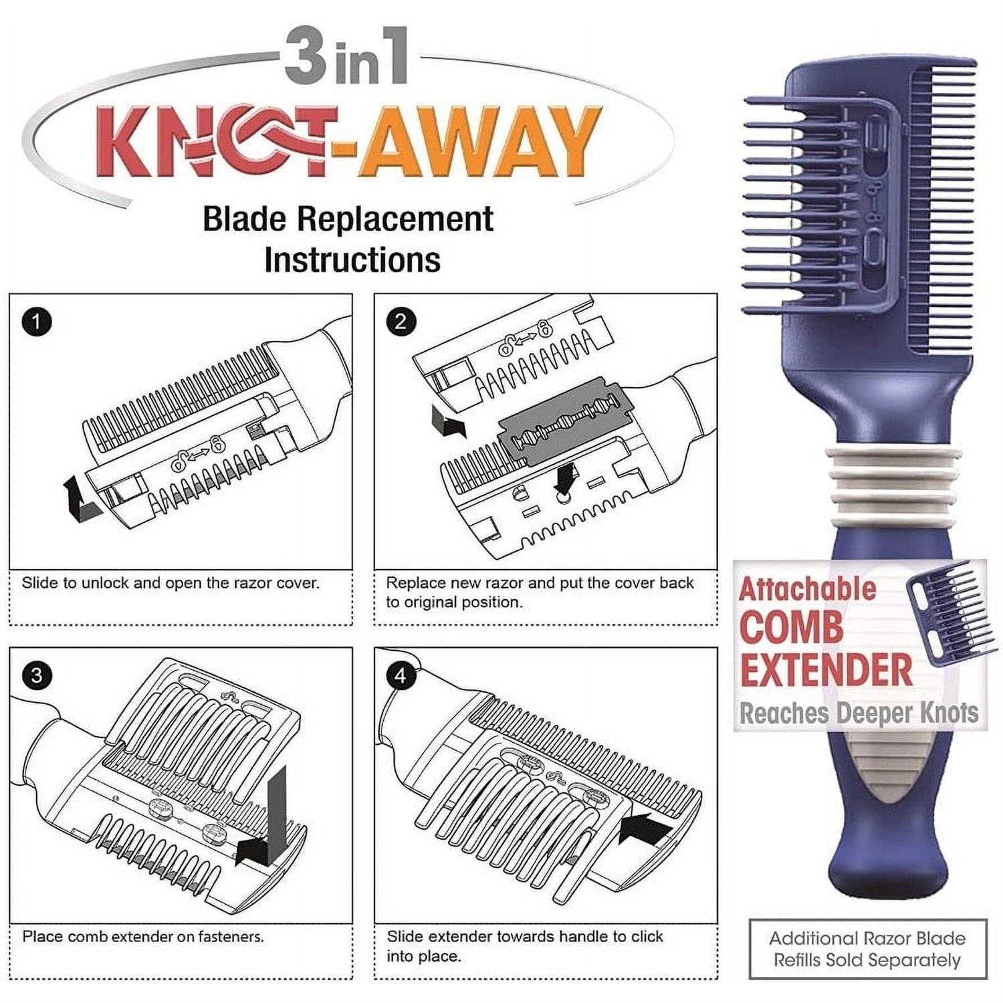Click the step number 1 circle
coord(37,322)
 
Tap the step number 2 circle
coord(401,322)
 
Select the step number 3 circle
coord(37,675)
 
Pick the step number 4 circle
coord(401,675)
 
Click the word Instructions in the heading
coord(352,260)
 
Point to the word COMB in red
coord(791,627)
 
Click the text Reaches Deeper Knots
coord(859,713)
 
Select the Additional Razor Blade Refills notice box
coord(867,949)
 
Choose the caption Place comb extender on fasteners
coord(143,937)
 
